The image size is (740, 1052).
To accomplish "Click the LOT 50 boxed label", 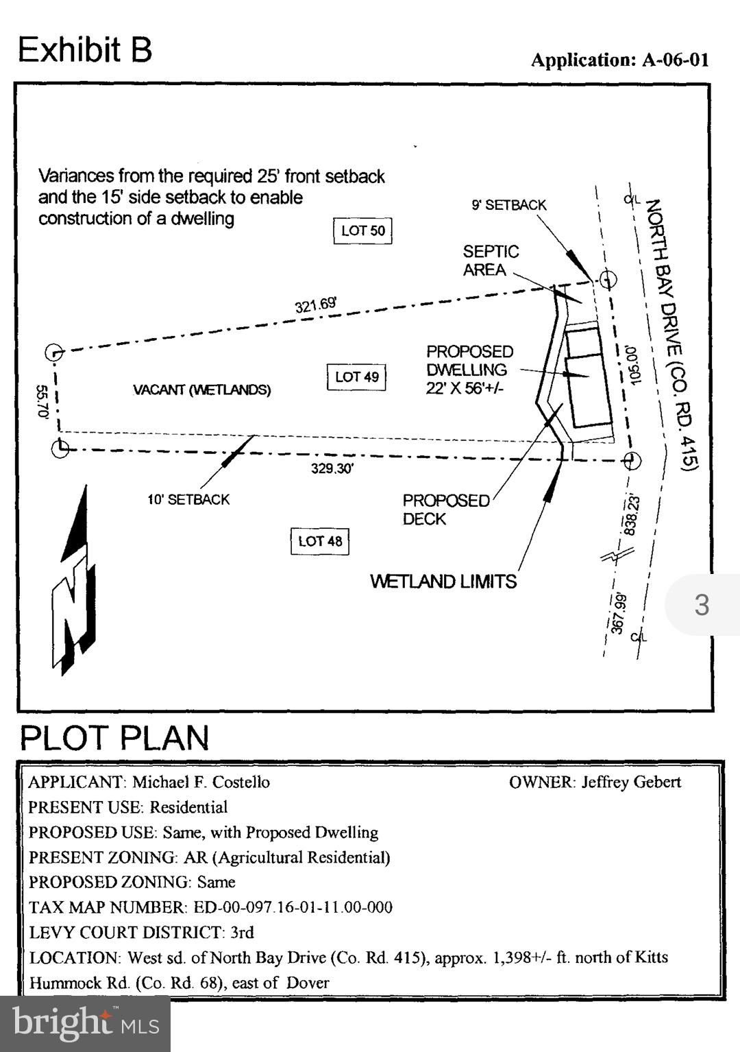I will coord(362,231).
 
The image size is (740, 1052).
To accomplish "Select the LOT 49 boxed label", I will coord(356,377).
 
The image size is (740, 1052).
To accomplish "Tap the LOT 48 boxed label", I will coord(320,541).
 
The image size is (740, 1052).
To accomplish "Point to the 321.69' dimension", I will coord(316,303).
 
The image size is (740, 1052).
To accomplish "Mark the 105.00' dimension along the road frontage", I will coord(632,366).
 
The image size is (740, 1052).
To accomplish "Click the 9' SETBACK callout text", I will coord(508,205).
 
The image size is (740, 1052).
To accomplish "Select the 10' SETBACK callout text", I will coord(188,500).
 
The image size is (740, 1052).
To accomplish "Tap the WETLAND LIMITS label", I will coord(443,582).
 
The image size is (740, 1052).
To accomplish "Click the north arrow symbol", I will coord(74,583).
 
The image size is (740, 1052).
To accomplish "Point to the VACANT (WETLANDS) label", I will coord(201,390).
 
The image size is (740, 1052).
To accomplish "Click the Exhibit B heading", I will coord(85,50).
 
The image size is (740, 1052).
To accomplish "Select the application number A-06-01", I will coord(675,60).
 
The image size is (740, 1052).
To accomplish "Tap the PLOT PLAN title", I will coord(114,738).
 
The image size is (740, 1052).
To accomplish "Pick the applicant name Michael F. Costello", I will coord(201,782).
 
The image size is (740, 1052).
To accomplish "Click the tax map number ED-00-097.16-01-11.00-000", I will coord(293,908).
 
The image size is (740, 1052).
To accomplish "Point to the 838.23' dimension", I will coord(631,515).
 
